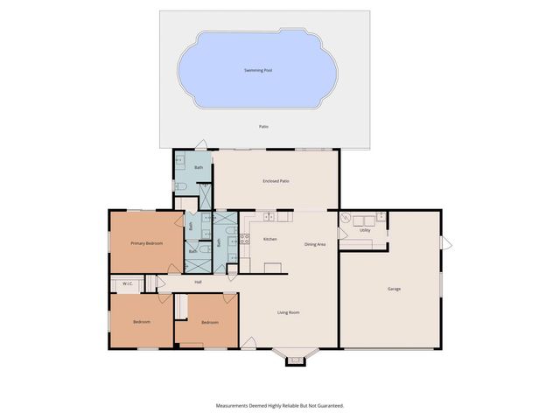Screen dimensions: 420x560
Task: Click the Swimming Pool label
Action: (257, 70)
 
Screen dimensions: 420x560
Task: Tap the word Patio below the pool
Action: (263, 127)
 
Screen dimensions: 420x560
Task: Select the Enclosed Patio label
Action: (276, 181)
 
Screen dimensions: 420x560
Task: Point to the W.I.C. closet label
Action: (127, 283)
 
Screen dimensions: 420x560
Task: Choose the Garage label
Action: (394, 288)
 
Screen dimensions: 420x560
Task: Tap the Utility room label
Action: (365, 231)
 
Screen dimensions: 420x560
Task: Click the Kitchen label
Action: (270, 239)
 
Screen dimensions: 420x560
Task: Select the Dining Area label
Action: (315, 244)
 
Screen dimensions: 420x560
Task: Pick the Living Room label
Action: (290, 312)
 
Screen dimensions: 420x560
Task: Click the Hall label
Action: (198, 282)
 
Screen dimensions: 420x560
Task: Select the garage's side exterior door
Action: (445, 242)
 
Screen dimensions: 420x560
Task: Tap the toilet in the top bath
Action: (180, 185)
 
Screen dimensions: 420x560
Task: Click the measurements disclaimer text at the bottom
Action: (280, 405)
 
